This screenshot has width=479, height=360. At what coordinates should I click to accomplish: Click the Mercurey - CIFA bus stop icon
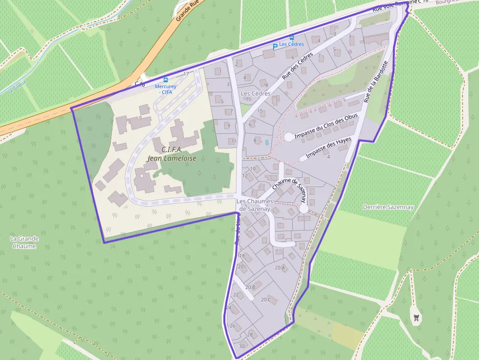click(166, 80)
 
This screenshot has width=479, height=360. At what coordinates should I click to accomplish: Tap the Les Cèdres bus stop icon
click(292, 38)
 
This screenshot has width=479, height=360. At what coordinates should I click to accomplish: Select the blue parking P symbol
click(275, 46)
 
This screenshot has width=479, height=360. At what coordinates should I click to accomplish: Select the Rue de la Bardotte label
click(375, 82)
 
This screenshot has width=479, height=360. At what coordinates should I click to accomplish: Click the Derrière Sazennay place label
click(388, 207)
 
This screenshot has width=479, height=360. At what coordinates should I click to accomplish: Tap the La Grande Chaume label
click(24, 242)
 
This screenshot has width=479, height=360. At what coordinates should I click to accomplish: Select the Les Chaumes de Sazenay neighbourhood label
click(253, 205)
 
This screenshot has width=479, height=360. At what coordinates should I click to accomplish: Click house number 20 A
click(280, 268)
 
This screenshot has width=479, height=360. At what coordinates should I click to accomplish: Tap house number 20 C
click(266, 299)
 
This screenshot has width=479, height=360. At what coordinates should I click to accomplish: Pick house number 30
click(241, 346)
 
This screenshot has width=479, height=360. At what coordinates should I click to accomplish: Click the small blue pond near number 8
click(266, 143)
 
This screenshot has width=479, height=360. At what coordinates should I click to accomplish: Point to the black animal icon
click(416, 318)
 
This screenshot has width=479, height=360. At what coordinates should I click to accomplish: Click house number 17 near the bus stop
click(186, 74)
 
